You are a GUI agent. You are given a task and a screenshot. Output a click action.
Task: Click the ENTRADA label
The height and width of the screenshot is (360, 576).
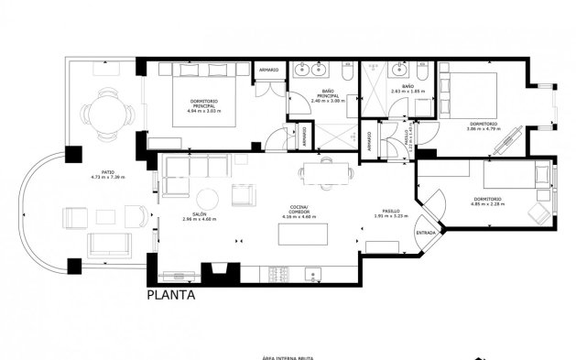(426, 232)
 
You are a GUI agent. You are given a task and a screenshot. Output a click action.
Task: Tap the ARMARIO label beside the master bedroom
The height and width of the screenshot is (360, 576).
(268, 71)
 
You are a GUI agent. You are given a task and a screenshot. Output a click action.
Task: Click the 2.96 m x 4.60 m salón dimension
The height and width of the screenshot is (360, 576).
(198, 220)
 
